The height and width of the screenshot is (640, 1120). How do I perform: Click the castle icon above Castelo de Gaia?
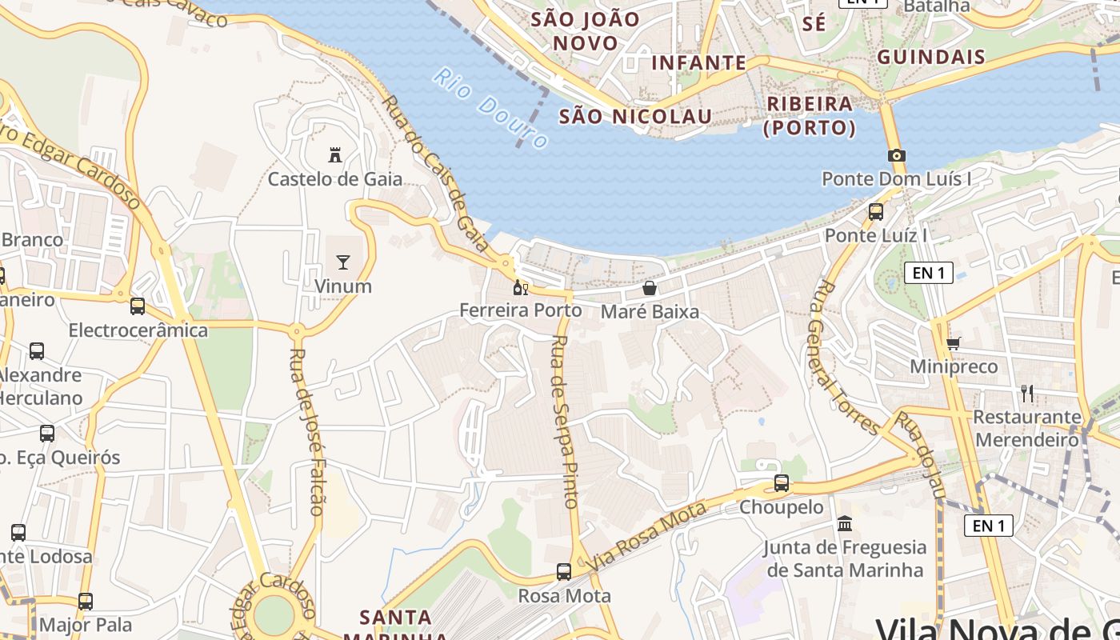[335, 154]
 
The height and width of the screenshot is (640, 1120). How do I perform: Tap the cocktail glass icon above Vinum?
[343, 262]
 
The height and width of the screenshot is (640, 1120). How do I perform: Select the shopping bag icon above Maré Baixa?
[650, 287]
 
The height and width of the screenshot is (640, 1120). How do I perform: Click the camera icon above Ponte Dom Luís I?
[897, 155]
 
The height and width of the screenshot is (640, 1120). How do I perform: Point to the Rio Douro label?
[490, 108]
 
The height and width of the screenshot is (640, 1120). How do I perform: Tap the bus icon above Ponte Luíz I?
[876, 212]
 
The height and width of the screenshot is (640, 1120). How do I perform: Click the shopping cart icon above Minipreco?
[953, 343]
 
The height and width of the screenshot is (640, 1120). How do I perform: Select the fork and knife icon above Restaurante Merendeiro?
[1027, 393]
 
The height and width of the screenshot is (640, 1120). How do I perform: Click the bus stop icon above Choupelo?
[782, 483]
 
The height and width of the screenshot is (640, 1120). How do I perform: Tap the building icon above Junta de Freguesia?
[844, 524]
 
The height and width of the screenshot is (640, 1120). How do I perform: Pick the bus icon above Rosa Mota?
[564, 572]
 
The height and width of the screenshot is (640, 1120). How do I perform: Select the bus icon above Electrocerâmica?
[138, 306]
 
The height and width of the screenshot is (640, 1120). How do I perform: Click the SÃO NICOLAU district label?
[635, 116]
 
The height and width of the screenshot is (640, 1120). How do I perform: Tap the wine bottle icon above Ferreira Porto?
[521, 287]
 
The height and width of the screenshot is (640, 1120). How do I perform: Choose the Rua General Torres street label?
[845, 356]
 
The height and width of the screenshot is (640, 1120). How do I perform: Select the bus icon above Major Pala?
[86, 601]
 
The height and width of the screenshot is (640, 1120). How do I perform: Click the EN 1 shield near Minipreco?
[929, 273]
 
